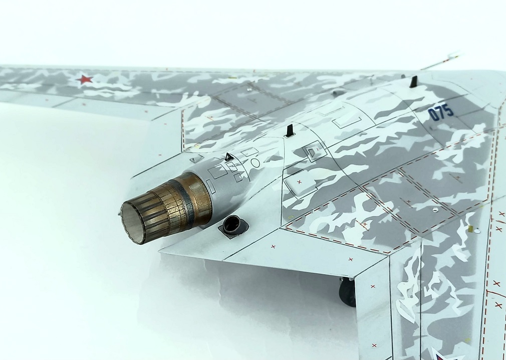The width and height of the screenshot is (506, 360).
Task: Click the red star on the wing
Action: [84, 79]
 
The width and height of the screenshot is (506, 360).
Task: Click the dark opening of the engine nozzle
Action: [132, 220]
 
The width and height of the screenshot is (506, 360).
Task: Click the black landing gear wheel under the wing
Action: [347, 292]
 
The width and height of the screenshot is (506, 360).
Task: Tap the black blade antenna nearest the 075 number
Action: [413, 82]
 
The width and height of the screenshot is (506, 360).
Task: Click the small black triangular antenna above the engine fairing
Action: [229, 157]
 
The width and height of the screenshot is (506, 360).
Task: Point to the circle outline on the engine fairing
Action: [256, 163]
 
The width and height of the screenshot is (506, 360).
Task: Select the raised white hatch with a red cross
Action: [299, 186]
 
